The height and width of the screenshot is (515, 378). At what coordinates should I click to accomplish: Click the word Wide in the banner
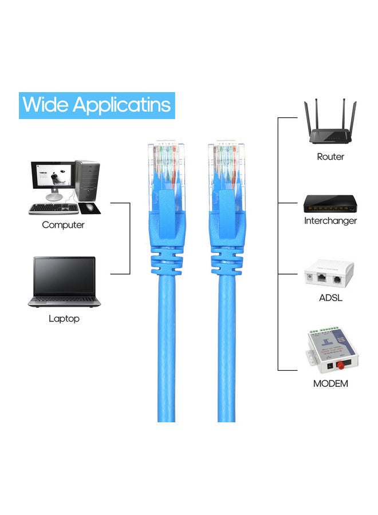[45, 105]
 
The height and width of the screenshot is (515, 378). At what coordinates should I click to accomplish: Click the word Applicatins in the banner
[121, 105]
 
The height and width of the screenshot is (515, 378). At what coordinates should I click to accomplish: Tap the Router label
[330, 157]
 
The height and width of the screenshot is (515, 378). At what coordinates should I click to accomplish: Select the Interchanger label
[330, 221]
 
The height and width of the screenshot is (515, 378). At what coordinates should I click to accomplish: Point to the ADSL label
[330, 298]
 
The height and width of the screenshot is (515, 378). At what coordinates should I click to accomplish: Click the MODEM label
[330, 383]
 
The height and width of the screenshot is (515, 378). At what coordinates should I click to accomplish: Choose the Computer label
[63, 225]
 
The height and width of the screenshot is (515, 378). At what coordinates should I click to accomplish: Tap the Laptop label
[64, 319]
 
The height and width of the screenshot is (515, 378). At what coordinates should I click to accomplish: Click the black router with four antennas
[330, 121]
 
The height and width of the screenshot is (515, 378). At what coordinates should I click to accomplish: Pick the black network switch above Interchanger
[330, 204]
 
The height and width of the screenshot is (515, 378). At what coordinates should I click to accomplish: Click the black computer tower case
[88, 180]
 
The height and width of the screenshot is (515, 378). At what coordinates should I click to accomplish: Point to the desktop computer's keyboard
[53, 208]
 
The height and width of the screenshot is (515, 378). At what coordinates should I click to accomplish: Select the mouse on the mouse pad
[89, 207]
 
